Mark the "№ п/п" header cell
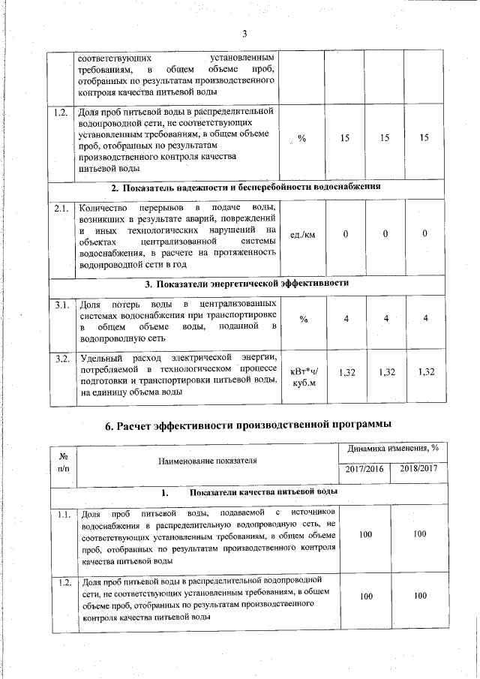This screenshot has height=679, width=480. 63,461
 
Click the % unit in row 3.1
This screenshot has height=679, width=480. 303,320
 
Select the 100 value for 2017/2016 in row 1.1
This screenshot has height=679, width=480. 365,533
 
